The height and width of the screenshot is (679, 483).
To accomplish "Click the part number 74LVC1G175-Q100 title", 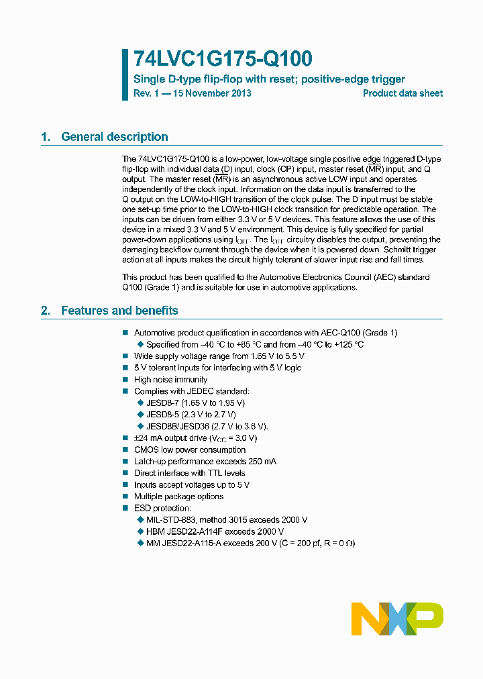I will coord(223,59).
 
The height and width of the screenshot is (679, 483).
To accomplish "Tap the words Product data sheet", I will coord(402,93).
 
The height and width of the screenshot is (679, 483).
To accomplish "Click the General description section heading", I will coord(115,137).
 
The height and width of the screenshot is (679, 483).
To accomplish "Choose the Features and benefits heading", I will coord(119,311).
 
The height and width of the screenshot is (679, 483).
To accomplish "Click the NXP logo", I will coord(397,618).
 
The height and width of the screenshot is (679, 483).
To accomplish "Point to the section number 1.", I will coord(46,137).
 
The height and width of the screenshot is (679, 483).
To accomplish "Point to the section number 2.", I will coord(46,311).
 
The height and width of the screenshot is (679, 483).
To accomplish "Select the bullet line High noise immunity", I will coord(170,380).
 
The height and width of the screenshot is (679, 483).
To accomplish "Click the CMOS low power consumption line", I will coord(190,450).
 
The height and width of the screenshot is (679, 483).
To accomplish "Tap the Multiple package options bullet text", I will coord(178,497).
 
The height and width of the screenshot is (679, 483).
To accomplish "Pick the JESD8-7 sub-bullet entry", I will coord(195,403).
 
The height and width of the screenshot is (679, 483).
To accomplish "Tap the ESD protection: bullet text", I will coord(162,508).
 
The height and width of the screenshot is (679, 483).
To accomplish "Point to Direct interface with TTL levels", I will coord(189,473).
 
